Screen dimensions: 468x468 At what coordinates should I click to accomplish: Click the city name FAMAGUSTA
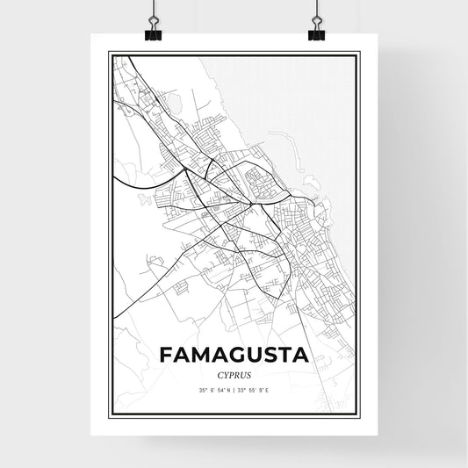click(x=234, y=355)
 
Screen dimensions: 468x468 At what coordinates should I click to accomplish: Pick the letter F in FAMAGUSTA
click(x=166, y=355)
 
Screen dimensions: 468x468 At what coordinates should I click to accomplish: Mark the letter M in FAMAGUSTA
click(x=199, y=355)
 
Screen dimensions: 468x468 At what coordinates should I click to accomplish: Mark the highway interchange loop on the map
click(x=133, y=109)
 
